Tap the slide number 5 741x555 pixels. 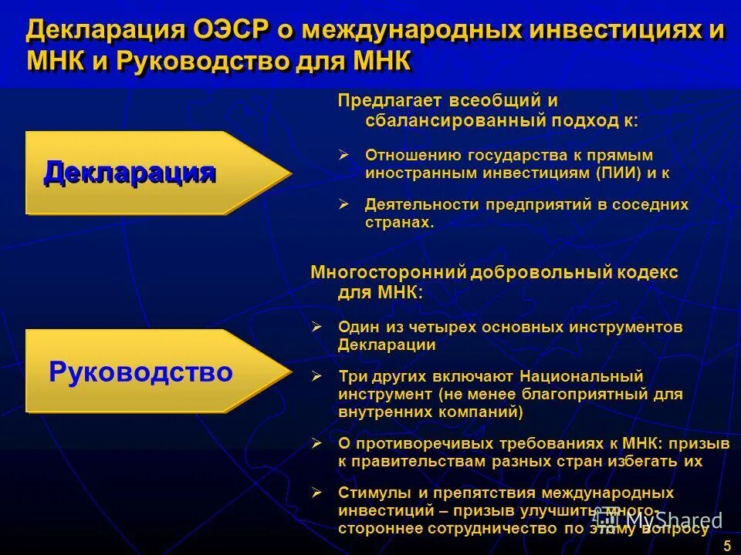pyautogui.click(x=726, y=546)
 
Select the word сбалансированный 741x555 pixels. pyautogui.click(x=454, y=120)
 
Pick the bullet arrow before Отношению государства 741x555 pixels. pyautogui.click(x=344, y=154)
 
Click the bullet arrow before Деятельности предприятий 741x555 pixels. pyautogui.click(x=344, y=204)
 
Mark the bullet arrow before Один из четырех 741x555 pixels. pyautogui.click(x=316, y=327)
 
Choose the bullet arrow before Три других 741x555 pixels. pyautogui.click(x=316, y=376)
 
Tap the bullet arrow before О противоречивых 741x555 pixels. pyautogui.click(x=316, y=443)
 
